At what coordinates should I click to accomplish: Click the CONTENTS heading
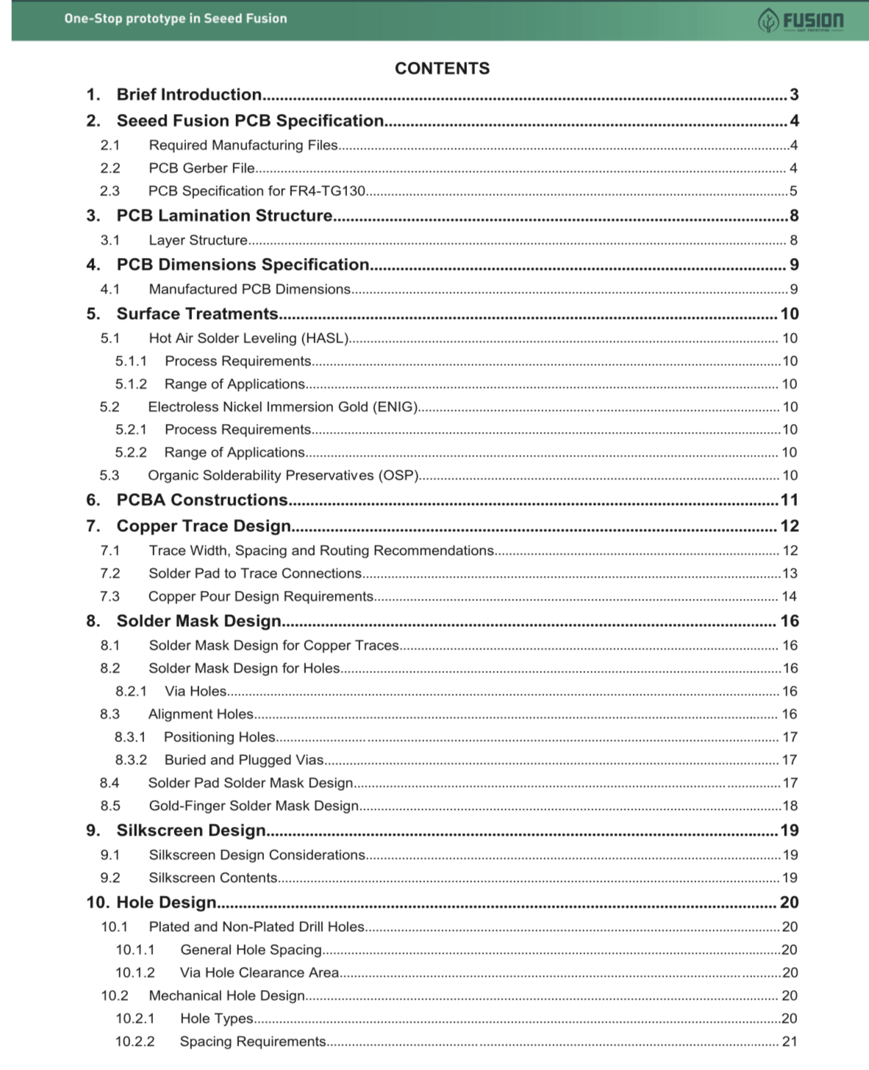coord(442,68)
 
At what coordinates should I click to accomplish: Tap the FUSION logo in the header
coord(801,21)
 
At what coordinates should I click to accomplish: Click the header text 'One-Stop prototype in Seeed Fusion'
coord(176,18)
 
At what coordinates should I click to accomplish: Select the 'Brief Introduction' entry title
coord(189,95)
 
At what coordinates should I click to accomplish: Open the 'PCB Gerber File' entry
coord(201,168)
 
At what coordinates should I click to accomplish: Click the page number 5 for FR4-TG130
coord(793,191)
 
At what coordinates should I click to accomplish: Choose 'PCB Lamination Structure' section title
coord(224,215)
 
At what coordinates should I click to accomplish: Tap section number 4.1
coord(110,290)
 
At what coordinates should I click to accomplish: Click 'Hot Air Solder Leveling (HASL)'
coord(248,338)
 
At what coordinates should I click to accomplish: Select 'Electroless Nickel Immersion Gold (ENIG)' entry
coord(283,407)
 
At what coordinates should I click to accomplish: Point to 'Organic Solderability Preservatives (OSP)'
coord(283,475)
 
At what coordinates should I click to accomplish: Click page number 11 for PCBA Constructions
coord(789,500)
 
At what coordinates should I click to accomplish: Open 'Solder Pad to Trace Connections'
coord(255,573)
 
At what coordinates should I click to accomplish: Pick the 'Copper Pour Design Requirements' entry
coord(261,597)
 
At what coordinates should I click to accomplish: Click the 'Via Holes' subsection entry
coord(196,692)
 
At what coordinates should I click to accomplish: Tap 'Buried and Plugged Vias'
coord(244,760)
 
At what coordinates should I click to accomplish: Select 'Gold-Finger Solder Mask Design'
coord(254,806)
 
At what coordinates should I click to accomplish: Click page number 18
coord(790,806)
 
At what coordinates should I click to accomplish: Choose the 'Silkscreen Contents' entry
coord(213,878)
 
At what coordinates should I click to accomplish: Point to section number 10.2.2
coord(135,1042)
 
